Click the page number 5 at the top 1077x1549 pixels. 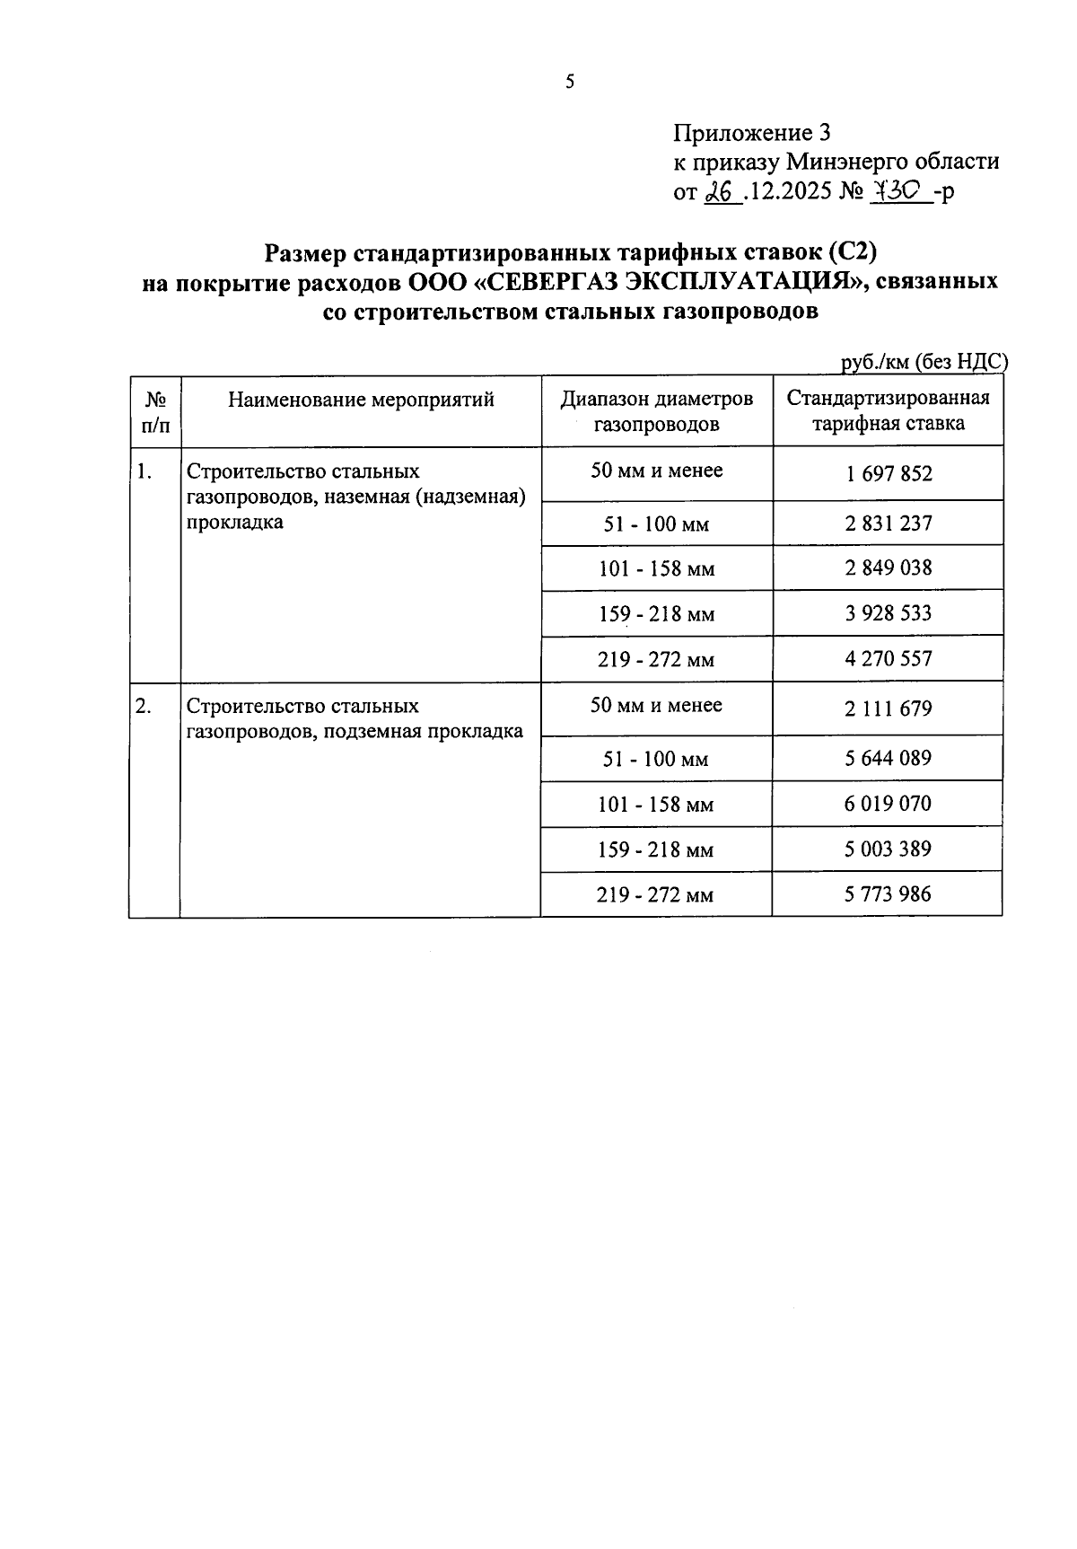click(x=570, y=83)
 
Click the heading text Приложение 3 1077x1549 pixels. click(x=752, y=134)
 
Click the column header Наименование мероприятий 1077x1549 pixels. click(x=361, y=400)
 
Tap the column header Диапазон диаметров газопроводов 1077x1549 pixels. click(x=657, y=411)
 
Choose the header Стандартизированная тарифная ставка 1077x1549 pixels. click(x=888, y=411)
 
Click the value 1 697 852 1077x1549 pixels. click(x=888, y=473)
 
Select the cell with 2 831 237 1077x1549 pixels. click(x=888, y=523)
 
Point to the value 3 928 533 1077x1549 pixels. click(x=888, y=613)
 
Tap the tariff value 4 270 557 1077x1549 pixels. click(x=888, y=658)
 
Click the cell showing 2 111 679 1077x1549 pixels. click(x=888, y=708)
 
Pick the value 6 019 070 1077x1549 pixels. click(x=888, y=803)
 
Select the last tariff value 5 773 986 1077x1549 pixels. click(x=888, y=893)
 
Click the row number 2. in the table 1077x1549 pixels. click(x=144, y=707)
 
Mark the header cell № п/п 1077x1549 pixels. click(x=155, y=411)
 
